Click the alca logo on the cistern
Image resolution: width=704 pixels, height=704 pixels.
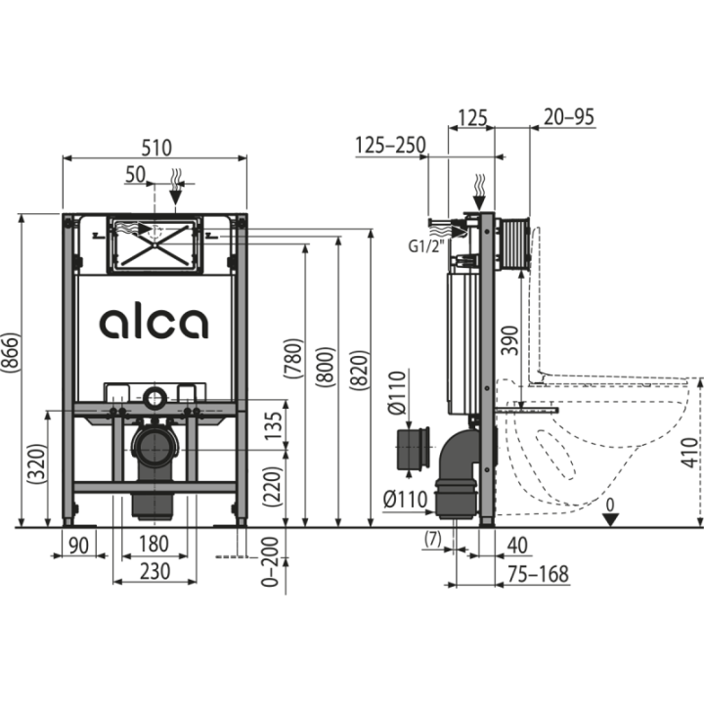pyautogui.click(x=154, y=324)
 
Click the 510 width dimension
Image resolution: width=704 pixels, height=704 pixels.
pyautogui.click(x=156, y=148)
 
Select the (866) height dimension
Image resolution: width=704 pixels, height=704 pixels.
pyautogui.click(x=11, y=352)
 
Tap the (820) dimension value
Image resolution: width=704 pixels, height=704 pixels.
pyautogui.click(x=360, y=370)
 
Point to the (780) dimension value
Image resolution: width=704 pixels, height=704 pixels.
pyautogui.click(x=294, y=358)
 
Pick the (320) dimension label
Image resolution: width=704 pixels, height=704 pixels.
pyautogui.click(x=37, y=463)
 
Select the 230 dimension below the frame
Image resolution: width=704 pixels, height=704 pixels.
pyautogui.click(x=154, y=572)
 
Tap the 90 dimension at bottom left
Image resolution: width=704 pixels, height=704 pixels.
pyautogui.click(x=78, y=546)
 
